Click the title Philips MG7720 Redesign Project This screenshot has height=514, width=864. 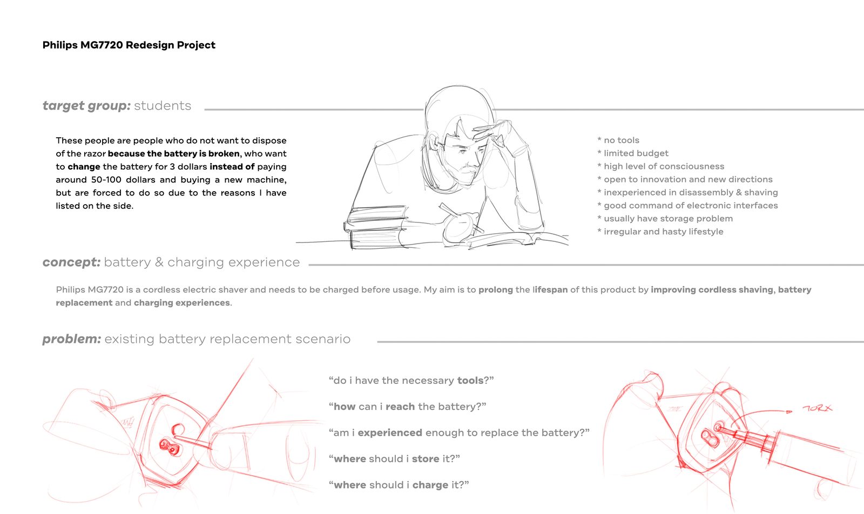129,45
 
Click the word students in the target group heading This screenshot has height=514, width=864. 163,106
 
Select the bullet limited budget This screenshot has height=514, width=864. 632,153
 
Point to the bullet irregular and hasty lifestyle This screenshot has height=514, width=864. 660,232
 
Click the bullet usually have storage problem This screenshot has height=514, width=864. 665,218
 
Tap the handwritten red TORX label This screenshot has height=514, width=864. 818,408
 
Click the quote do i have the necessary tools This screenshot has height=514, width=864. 411,381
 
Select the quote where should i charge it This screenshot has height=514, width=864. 399,485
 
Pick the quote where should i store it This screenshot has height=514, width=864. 394,459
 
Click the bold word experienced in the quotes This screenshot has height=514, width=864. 390,433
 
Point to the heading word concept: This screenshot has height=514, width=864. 71,262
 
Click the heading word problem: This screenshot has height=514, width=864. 72,339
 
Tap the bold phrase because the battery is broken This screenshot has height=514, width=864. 173,153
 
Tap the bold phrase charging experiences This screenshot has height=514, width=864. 181,303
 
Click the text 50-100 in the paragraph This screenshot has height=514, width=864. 106,180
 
